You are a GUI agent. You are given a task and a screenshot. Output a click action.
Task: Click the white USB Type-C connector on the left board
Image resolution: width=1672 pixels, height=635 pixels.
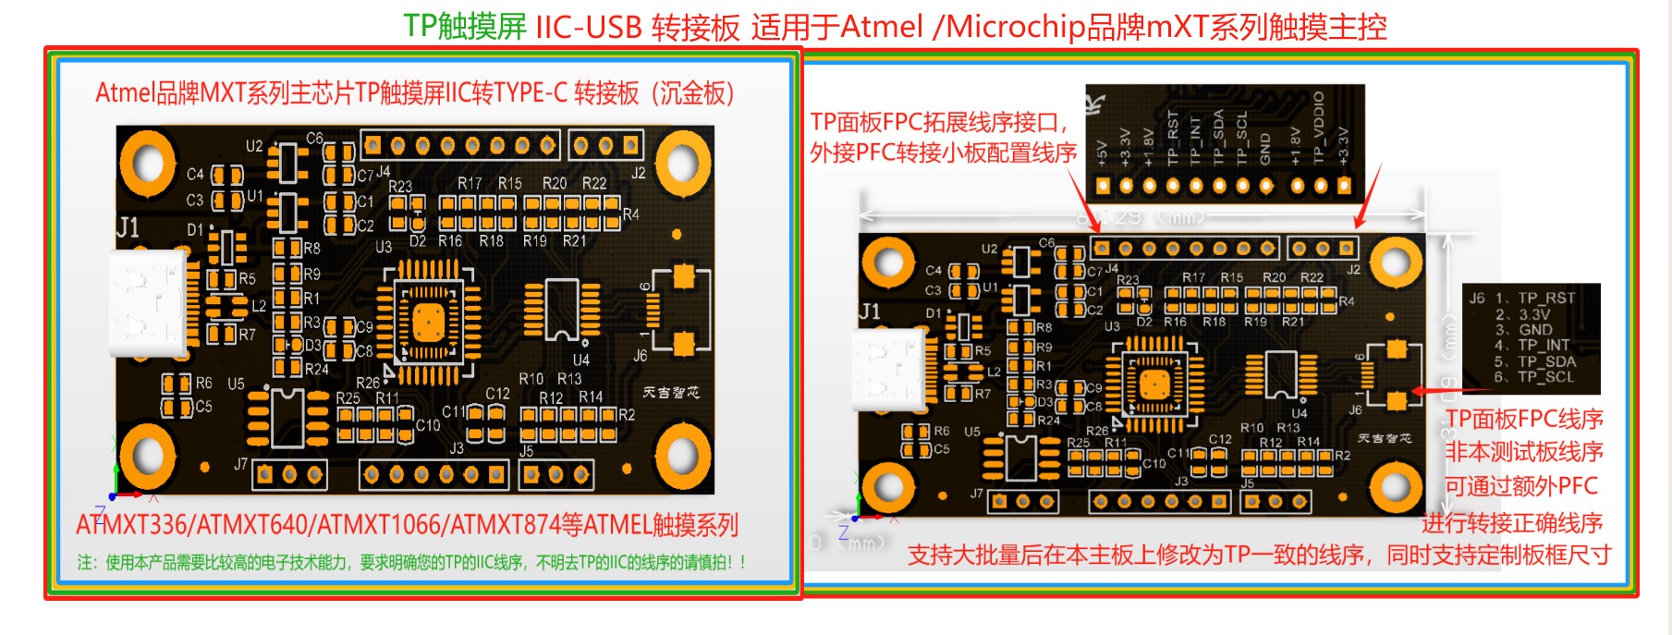148,303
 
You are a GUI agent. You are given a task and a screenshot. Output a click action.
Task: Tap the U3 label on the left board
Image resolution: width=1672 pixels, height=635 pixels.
384,248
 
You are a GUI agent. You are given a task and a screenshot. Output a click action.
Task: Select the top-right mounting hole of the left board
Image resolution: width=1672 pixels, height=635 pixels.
682,164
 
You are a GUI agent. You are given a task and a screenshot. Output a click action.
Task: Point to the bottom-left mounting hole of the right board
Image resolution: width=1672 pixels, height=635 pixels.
888,484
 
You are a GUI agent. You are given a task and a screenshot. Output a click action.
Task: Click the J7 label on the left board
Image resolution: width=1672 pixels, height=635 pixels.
240,464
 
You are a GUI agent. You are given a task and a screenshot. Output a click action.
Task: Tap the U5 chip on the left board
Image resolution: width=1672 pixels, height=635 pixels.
287,418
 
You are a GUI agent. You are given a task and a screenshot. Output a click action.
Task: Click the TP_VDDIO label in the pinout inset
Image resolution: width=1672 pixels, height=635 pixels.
1319,128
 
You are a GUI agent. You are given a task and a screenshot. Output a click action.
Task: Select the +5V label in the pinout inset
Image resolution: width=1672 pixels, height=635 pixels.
1102,153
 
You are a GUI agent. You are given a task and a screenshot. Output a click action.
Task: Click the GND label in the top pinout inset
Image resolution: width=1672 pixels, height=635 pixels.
1265,149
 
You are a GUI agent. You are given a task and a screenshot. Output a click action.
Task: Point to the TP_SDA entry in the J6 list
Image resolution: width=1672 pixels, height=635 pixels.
1546,361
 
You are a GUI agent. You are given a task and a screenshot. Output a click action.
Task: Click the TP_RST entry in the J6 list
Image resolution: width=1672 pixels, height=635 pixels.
1546,298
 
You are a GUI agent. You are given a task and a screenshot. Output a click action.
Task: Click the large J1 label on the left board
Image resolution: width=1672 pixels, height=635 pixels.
128,227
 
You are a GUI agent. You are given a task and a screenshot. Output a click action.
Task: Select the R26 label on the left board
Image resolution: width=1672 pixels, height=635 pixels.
368,382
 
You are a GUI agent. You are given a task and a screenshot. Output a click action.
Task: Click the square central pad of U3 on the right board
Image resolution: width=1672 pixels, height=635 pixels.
1154,383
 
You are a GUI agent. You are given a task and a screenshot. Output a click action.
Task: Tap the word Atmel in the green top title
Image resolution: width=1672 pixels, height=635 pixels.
881,27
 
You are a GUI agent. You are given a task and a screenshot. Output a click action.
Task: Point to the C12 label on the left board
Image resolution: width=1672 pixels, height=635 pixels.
497,394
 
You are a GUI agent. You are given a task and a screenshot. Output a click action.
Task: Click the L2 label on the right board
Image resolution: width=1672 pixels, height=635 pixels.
994,372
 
